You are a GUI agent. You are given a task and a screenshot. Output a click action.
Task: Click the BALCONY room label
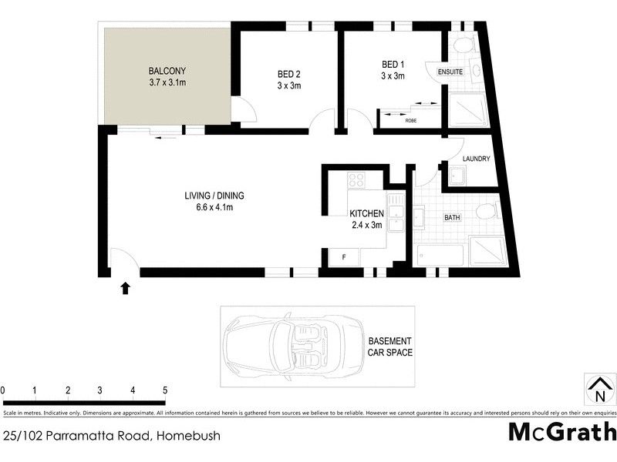click(x=166, y=72)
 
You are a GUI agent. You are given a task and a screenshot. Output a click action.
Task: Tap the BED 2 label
click(x=289, y=74)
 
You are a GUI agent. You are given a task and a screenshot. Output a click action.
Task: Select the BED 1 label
click(x=393, y=64)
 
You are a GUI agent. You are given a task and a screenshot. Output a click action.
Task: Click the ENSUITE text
click(x=450, y=72)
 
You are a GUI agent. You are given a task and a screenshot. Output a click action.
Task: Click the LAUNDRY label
click(x=476, y=159)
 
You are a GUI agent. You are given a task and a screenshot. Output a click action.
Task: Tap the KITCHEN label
click(x=366, y=213)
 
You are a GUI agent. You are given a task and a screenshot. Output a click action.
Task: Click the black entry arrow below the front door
click(x=125, y=288)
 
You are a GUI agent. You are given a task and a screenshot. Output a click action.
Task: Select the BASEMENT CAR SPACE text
click(x=390, y=347)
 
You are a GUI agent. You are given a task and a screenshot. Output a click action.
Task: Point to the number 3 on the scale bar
click(x=100, y=390)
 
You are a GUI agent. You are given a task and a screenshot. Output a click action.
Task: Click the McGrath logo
click(x=562, y=431)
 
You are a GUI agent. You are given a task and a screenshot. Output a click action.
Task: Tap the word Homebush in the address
click(x=189, y=436)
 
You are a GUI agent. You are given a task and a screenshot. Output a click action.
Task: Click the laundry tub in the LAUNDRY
click(x=456, y=177)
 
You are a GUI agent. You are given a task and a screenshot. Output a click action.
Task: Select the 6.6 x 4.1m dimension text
click(x=214, y=207)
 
